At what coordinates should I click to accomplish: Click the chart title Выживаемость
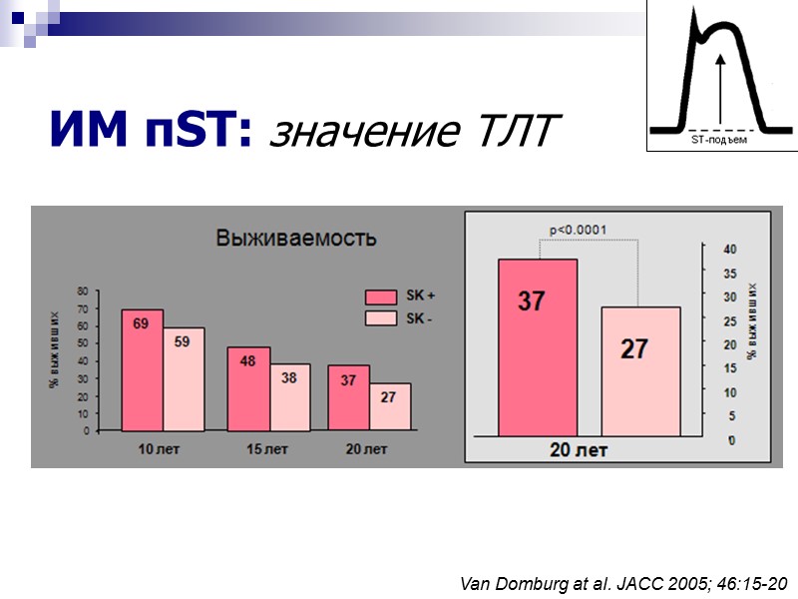tap(297, 239)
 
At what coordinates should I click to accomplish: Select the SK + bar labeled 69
tap(143, 369)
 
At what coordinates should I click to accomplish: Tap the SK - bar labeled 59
tap(184, 379)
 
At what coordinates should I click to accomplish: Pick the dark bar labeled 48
tap(248, 388)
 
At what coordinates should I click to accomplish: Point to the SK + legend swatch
tap(381, 297)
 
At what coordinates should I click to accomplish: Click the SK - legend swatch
tap(381, 318)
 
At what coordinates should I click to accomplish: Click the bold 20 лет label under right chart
tap(579, 451)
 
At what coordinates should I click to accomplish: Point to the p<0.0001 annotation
tap(579, 230)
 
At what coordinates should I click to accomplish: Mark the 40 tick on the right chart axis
tap(730, 249)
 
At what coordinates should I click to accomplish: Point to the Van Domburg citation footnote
tap(623, 582)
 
